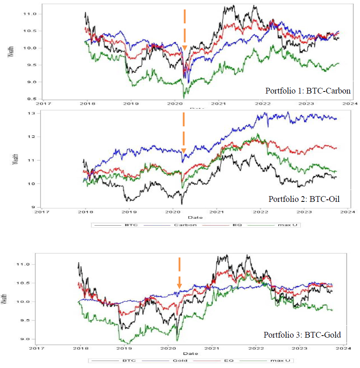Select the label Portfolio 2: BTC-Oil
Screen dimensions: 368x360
pos(304,199)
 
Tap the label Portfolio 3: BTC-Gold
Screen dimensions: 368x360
pos(302,335)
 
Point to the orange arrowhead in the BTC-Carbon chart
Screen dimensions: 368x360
pos(185,48)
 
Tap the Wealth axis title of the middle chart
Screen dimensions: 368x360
pos(16,159)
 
